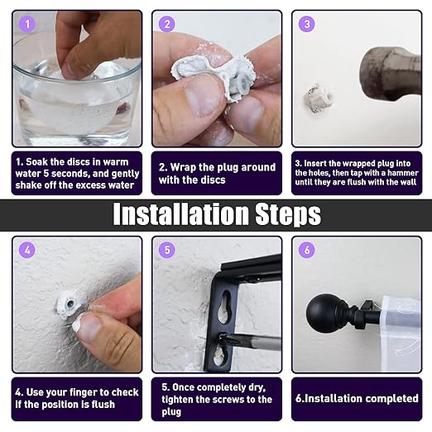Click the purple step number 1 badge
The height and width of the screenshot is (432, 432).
27,24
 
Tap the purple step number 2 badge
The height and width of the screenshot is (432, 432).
167,24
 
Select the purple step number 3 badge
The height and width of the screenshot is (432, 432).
307,24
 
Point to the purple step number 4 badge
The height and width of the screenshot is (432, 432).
27,250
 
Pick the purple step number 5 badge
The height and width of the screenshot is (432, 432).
167,250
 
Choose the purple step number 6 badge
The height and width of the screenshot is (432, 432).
307,250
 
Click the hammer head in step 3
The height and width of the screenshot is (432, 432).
390,74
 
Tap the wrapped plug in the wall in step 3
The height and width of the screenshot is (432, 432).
318,98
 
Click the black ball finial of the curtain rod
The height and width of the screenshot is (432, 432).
321,314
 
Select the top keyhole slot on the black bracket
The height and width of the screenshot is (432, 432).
224,306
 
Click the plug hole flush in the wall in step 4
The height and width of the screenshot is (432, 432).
70,305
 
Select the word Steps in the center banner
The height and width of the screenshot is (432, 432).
288,214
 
